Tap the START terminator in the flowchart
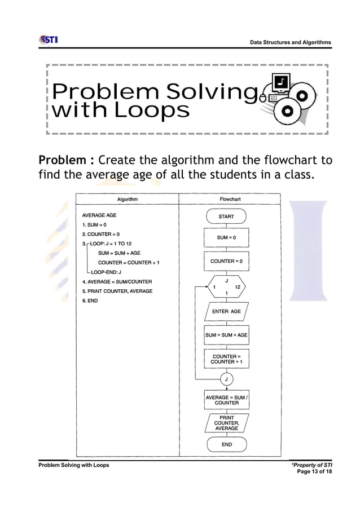pyautogui.click(x=226, y=217)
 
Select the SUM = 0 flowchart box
pyautogui.click(x=226, y=238)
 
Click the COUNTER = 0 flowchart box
pyautogui.click(x=226, y=262)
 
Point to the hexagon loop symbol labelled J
pyautogui.click(x=226, y=286)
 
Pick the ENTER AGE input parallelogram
pyautogui.click(x=226, y=311)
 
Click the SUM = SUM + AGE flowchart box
pyautogui.click(x=226, y=335)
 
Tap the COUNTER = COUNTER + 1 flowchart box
pyautogui.click(x=226, y=359)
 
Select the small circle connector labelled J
pyautogui.click(x=226, y=379)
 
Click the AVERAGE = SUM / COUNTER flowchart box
pyautogui.click(x=226, y=400)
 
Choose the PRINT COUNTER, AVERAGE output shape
pyautogui.click(x=226, y=423)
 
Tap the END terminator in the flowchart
pyautogui.click(x=226, y=444)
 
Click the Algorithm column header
pyautogui.click(x=127, y=200)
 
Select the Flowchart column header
pyautogui.click(x=230, y=200)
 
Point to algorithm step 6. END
pyautogui.click(x=90, y=301)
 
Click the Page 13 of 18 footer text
pyautogui.click(x=314, y=471)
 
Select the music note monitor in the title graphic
pyautogui.click(x=282, y=85)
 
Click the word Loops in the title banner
pyautogui.click(x=151, y=111)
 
